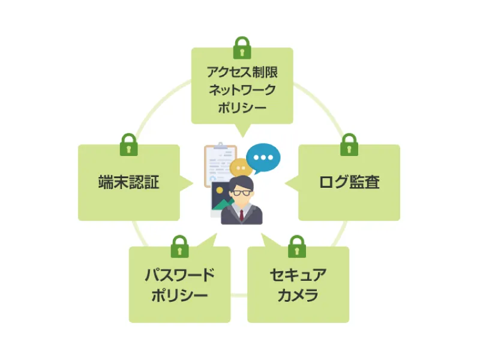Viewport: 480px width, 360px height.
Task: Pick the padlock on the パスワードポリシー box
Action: click(179, 247)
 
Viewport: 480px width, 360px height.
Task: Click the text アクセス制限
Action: click(242, 73)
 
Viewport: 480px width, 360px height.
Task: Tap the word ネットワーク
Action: click(242, 90)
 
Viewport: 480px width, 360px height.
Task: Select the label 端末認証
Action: click(128, 182)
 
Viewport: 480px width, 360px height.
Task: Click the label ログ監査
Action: click(349, 182)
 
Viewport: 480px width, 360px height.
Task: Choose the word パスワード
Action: click(179, 275)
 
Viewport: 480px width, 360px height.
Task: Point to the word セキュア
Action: click(298, 275)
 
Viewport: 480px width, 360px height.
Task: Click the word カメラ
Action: click(298, 295)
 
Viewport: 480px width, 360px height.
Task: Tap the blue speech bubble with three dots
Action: click(263, 158)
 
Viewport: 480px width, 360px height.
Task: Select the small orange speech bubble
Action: click(240, 167)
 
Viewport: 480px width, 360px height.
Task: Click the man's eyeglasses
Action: click(242, 192)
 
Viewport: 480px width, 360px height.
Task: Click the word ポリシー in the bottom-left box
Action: click(179, 295)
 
